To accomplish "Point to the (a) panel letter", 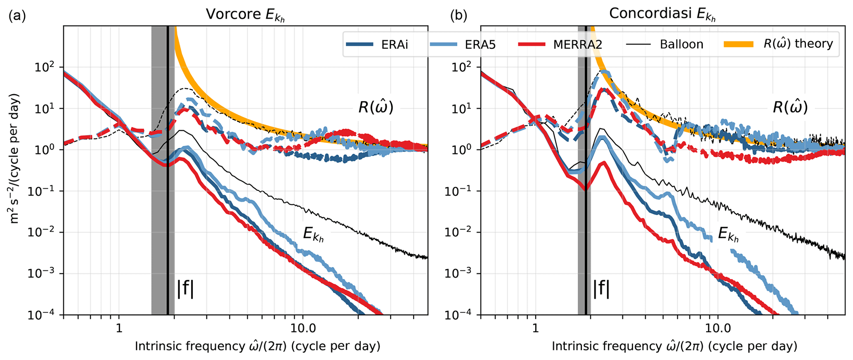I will pyautogui.click(x=17, y=16).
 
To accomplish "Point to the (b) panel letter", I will pyautogui.click(x=458, y=16).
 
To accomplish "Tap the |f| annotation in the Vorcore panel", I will pyautogui.click(x=185, y=289).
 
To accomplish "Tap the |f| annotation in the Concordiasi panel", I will pyautogui.click(x=601, y=289).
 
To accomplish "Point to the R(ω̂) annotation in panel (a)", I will pyautogui.click(x=376, y=107).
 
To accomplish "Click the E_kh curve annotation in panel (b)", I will pyautogui.click(x=728, y=234).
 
